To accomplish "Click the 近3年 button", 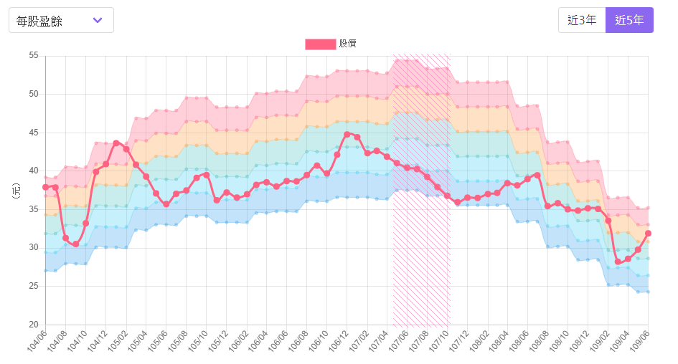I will (x=582, y=20).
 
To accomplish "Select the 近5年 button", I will (x=629, y=20).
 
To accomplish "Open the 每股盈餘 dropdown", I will (x=61, y=20).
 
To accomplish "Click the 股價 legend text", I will (x=348, y=44).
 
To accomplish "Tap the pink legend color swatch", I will (x=320, y=44).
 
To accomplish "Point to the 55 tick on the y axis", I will (x=33, y=55).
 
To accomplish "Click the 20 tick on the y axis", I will (x=33, y=325).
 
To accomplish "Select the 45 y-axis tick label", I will (x=33, y=133).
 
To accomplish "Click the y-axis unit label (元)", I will (x=16, y=190).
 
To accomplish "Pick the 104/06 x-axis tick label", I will (x=37, y=342).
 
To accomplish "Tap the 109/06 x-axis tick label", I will (x=640, y=342).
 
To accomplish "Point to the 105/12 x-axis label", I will (x=218, y=342).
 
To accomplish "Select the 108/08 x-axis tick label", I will (x=540, y=342).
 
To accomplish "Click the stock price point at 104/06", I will (x=46, y=187).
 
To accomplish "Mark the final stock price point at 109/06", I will (x=648, y=233).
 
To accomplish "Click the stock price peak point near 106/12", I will (x=347, y=134).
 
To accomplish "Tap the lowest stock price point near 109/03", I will (x=618, y=262).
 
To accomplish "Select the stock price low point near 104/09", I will (x=76, y=244).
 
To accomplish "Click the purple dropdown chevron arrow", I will (x=98, y=20).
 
